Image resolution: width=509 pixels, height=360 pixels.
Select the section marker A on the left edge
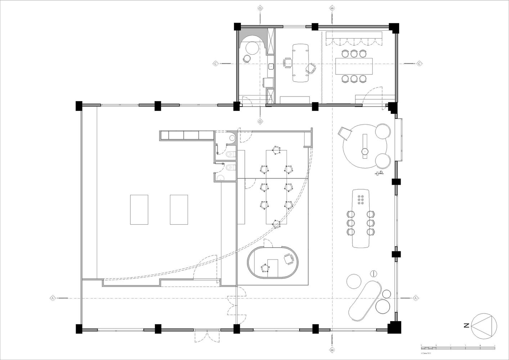pyautogui.click(x=53, y=298)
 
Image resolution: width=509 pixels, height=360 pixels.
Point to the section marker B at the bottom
pyautogui.click(x=332, y=349)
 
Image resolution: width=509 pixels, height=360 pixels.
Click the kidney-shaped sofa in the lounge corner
pyautogui.click(x=364, y=301)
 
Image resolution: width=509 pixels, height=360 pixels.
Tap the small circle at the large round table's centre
pyautogui.click(x=365, y=152)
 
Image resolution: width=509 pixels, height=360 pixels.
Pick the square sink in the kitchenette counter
pyautogui.click(x=270, y=66)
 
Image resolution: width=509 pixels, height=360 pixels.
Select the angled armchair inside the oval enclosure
pyautogui.click(x=288, y=259)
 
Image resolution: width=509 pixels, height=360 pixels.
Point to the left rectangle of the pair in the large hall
pyautogui.click(x=139, y=210)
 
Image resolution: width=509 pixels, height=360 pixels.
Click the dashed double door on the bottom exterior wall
pyautogui.click(x=206, y=337)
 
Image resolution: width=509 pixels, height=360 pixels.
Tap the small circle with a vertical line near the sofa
pyautogui.click(x=374, y=274)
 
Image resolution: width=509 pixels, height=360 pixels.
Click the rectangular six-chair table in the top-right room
pyautogui.click(x=353, y=67)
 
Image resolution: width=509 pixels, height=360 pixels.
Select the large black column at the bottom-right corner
pyautogui.click(x=393, y=328)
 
